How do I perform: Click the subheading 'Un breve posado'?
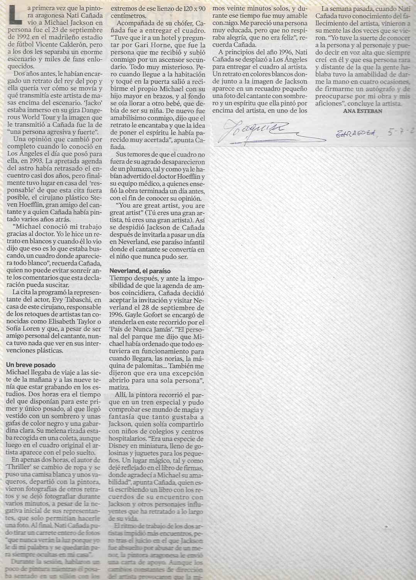tap(31, 365)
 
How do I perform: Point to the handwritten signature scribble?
tap(255, 130)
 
